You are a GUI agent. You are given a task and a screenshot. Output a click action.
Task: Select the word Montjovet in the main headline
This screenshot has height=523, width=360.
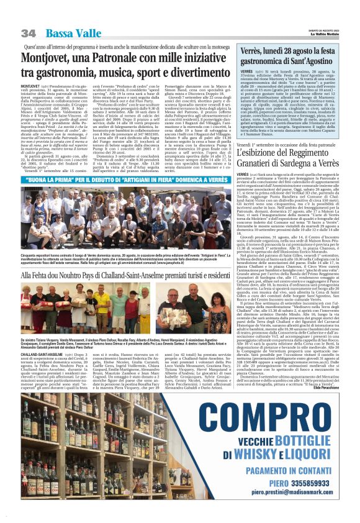tap(60, 58)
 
